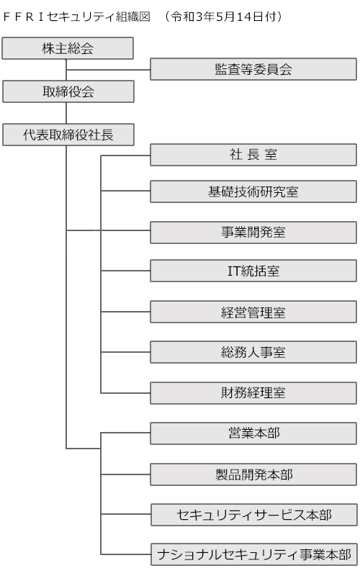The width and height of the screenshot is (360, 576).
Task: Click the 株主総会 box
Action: pos(68,48)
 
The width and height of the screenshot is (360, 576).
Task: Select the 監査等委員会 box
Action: pos(253,69)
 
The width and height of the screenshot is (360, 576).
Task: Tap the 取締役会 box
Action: pos(68,91)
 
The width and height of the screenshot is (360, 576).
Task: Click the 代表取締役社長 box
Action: pos(68,135)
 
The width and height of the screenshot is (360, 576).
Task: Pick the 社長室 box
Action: pos(253,155)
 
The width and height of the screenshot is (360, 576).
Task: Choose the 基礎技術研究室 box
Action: pos(253,192)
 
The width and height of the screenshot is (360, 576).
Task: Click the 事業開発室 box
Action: pos(253,232)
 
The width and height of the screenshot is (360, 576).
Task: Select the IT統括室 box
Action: pos(253,271)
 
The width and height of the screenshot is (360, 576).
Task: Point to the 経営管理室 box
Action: pos(253,312)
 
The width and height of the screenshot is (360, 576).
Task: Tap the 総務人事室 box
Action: pos(253,352)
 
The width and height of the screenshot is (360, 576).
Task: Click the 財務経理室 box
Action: pos(253,393)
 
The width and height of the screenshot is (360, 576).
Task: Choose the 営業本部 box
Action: pos(253,433)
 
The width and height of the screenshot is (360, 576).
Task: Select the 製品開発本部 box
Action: pos(253,474)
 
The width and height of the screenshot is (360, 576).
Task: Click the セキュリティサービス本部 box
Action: pos(254,515)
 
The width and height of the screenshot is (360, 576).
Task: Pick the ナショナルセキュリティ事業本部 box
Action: pos(254,554)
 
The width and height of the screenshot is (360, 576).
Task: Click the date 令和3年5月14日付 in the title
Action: pos(223,17)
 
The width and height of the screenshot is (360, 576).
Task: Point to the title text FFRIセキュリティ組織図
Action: pos(76,17)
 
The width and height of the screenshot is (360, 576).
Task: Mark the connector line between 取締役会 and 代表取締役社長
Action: pos(66,113)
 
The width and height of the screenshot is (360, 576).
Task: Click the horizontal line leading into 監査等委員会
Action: pos(109,69)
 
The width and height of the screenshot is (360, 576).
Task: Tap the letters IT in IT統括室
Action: pos(234,271)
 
